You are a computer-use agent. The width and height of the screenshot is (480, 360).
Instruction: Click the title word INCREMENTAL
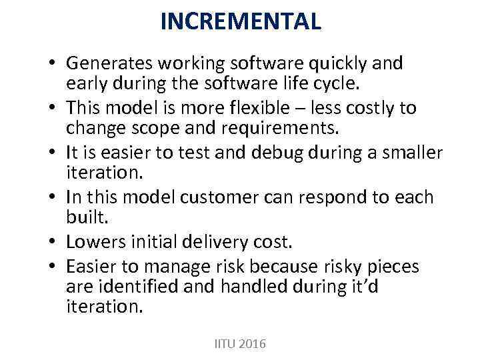point(240,22)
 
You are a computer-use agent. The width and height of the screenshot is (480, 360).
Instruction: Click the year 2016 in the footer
point(251,344)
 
